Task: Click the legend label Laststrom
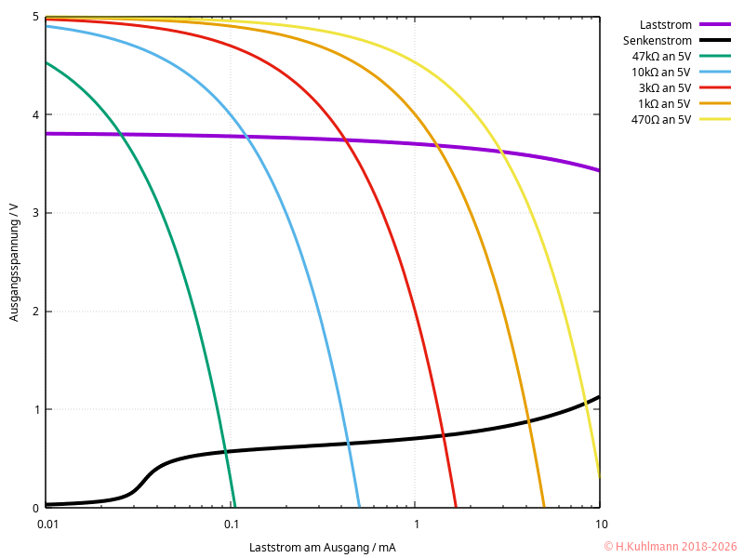pyautogui.click(x=665, y=24)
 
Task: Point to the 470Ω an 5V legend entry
pyautogui.click(x=660, y=119)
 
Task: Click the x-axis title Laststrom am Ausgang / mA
pyautogui.click(x=322, y=547)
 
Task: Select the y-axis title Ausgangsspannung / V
pyautogui.click(x=14, y=262)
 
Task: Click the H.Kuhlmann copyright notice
pyautogui.click(x=670, y=547)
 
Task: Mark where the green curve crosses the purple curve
pyautogui.click(x=122, y=135)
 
